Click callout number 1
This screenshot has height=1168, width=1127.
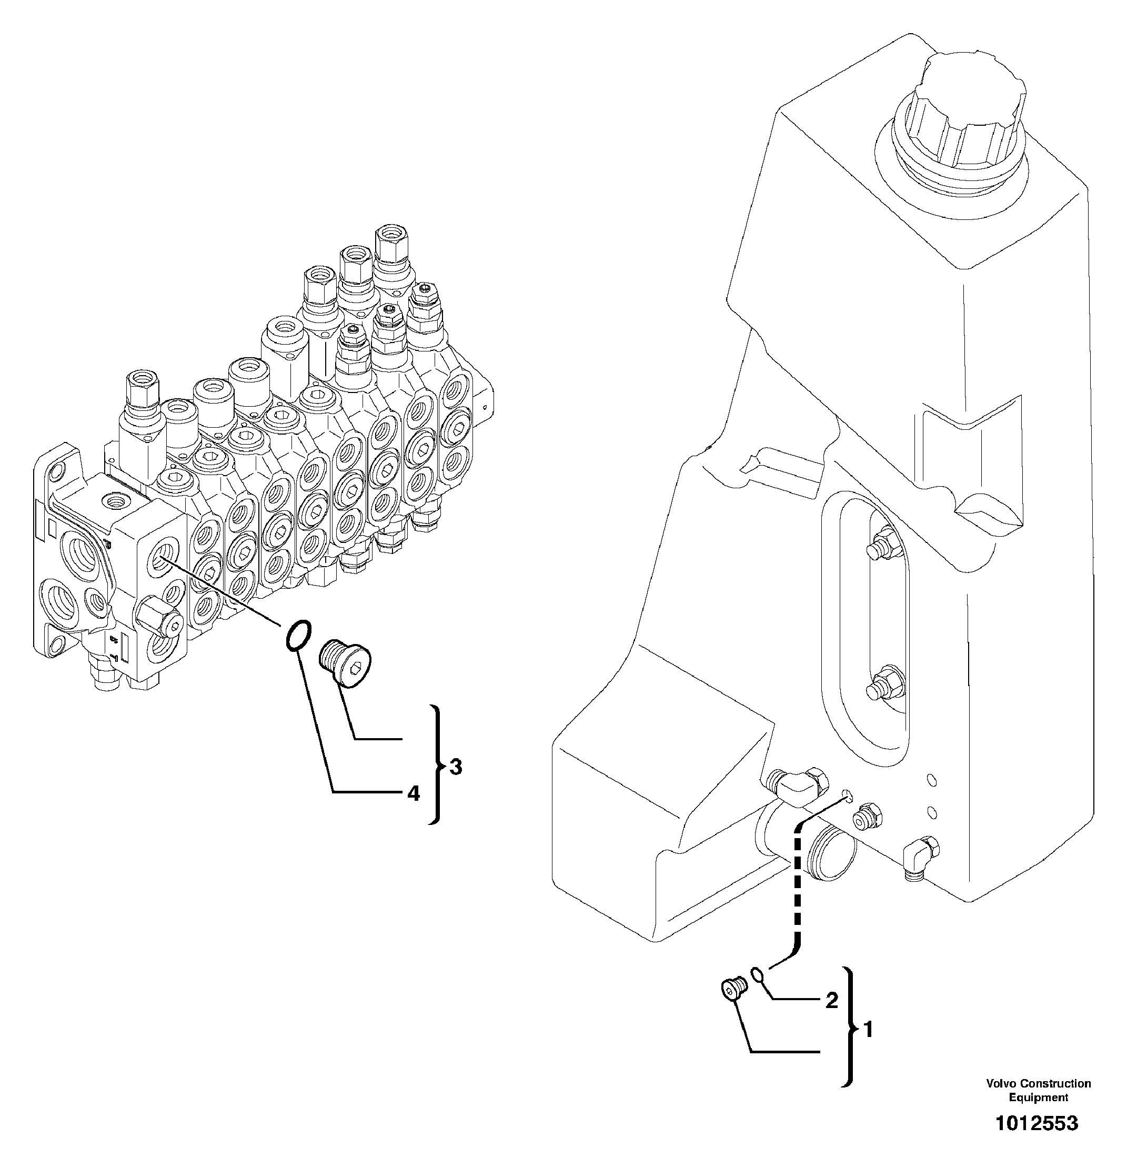868,1030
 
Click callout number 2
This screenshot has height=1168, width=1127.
831,1000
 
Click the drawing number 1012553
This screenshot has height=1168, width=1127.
1037,1124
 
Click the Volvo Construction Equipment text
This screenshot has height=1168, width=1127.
1038,1090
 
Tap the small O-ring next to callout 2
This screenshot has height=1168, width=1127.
757,974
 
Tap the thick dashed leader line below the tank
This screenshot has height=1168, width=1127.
796,894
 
